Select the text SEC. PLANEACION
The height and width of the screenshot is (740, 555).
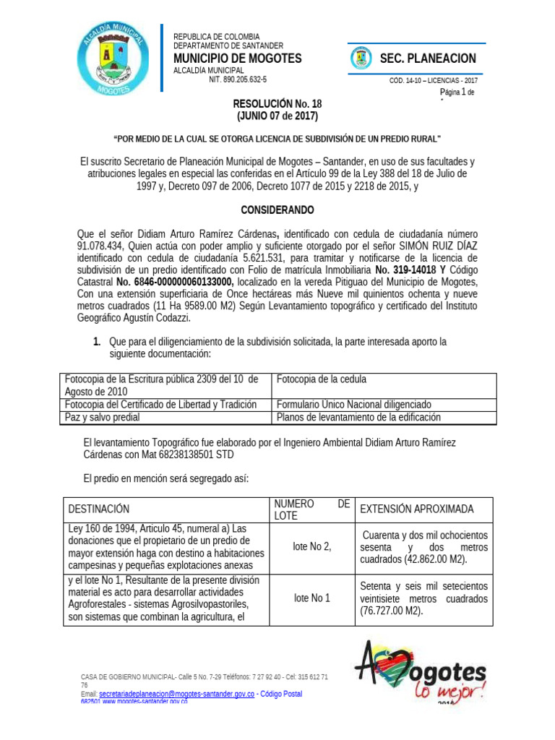[x=428, y=59]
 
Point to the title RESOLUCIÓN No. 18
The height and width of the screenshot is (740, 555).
[x=277, y=104]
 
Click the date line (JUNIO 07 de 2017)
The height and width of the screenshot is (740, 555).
[x=277, y=116]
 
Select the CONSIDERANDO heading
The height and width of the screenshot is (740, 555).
[x=277, y=210]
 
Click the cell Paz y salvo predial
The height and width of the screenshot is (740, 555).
[x=103, y=417]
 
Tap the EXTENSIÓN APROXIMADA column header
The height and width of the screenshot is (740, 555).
[x=417, y=509]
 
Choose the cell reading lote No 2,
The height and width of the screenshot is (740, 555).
[x=311, y=546]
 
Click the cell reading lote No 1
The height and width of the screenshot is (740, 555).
[x=311, y=598]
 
